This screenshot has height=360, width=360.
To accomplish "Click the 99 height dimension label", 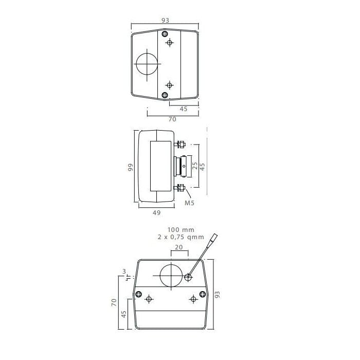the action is tap(131, 167).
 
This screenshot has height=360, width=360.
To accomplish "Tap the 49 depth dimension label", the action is tap(156, 213).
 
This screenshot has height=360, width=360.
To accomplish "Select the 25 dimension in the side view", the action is tap(195, 166).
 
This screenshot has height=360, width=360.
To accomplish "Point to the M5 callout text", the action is tap(190, 203).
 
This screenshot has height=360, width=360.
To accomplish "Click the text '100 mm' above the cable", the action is tap(181, 229).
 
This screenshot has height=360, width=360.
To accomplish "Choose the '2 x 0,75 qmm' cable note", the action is tap(181, 237).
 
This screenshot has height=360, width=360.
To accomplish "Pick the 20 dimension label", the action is tap(179, 247).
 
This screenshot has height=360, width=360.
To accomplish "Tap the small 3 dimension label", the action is tap(124, 272).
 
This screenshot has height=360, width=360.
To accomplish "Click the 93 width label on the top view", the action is tap(165, 21).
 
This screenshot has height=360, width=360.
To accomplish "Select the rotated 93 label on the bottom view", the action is tap(217, 294).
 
